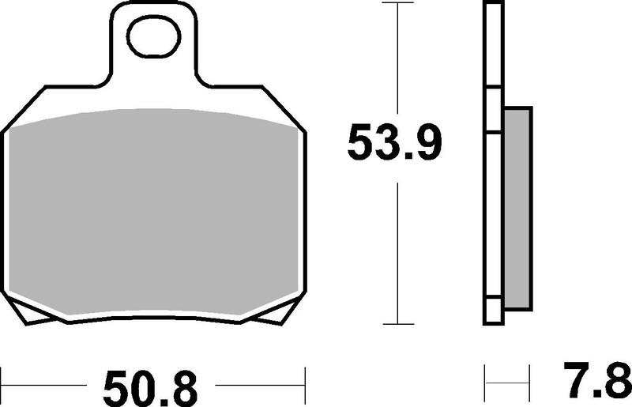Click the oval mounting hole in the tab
tap(155, 39)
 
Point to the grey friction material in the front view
tap(153, 213)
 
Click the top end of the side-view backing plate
tap(492, 5)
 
